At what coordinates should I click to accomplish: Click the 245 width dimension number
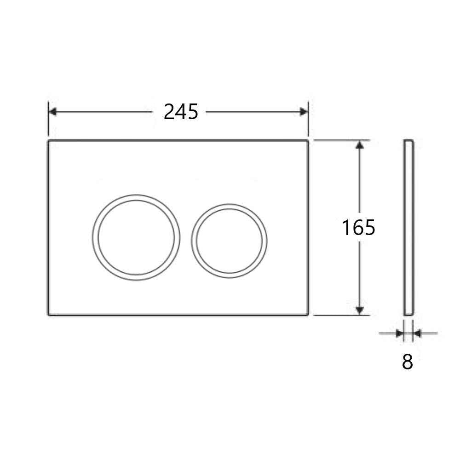(181, 112)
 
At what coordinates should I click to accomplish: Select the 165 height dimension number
(358, 227)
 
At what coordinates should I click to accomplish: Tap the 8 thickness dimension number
(408, 362)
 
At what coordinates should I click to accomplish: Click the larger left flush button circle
(136, 237)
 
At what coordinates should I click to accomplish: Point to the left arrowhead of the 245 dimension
(52, 112)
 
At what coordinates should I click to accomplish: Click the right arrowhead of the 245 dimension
(304, 112)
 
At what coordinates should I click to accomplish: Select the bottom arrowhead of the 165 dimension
(360, 311)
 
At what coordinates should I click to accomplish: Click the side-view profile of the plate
(409, 227)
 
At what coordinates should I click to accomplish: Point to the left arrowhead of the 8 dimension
(400, 333)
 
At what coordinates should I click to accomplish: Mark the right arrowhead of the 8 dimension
(417, 333)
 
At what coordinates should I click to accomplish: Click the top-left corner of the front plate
(49, 141)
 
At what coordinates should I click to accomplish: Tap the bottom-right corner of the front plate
(307, 315)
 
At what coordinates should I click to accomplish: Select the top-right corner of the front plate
(307, 141)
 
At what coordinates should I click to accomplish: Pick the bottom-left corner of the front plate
(49, 315)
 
